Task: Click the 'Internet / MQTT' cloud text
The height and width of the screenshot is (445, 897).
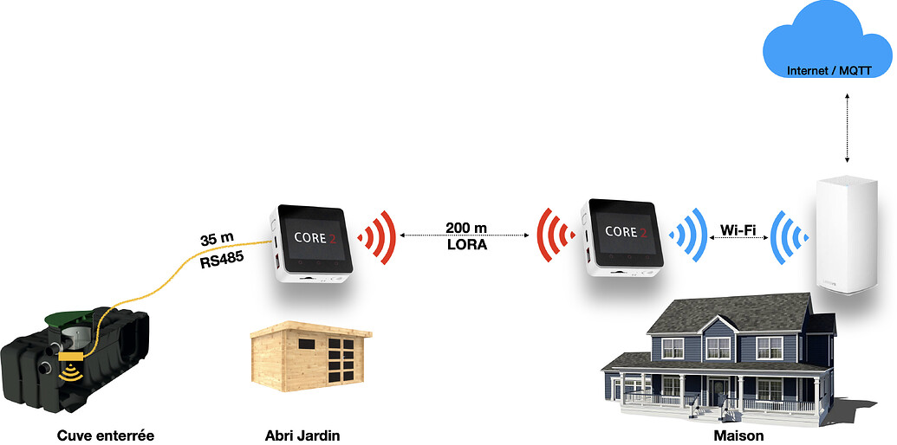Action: [x=829, y=70]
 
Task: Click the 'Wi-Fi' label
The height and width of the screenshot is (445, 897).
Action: [x=738, y=230]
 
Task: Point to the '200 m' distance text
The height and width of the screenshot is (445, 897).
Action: [x=466, y=228]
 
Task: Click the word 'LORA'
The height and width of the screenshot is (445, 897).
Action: [x=466, y=245]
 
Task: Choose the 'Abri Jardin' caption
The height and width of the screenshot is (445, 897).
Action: [x=302, y=435]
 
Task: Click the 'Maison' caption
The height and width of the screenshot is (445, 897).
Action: [x=732, y=435]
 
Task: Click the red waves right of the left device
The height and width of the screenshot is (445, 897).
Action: [x=379, y=235]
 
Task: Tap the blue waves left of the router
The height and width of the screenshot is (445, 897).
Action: [x=790, y=235]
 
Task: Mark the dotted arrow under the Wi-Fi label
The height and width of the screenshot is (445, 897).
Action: [x=738, y=242]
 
